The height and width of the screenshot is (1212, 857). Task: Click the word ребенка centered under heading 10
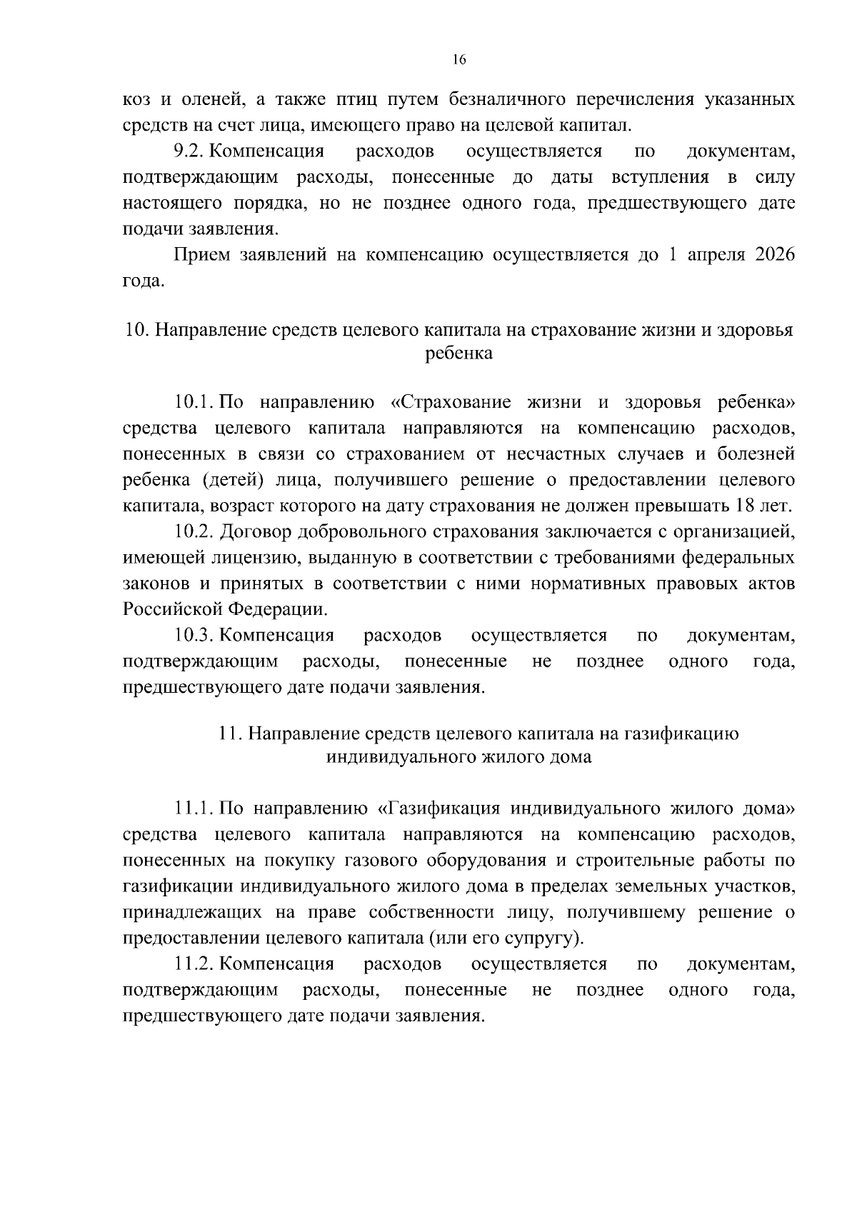pyautogui.click(x=458, y=353)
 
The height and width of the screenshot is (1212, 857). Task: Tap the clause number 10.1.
pyautogui.click(x=194, y=402)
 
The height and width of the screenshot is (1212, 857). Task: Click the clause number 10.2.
pyautogui.click(x=194, y=532)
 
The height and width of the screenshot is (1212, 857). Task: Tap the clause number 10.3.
pyautogui.click(x=194, y=636)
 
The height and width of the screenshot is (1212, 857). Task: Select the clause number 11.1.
pyautogui.click(x=194, y=808)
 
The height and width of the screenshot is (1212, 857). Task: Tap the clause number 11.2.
pyautogui.click(x=194, y=964)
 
